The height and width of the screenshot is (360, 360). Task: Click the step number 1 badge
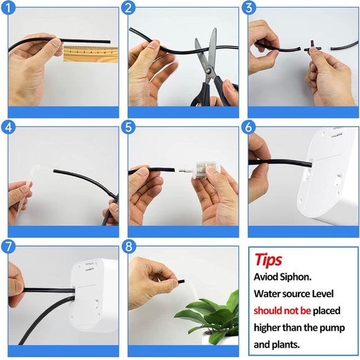8,8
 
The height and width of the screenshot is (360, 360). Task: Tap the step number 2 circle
128,8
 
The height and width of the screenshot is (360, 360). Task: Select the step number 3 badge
249,8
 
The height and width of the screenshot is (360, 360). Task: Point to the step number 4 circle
8,127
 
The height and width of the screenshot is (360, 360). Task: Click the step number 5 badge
128,127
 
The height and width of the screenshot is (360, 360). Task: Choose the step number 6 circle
249,127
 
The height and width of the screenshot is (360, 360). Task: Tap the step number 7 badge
8,247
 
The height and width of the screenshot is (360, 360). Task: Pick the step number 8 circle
128,247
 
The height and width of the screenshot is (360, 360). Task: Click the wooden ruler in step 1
91,54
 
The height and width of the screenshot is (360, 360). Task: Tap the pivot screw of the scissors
209,71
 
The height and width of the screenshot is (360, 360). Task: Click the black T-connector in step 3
312,48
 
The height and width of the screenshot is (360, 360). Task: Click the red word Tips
268,259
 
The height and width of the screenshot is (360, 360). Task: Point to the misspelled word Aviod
266,277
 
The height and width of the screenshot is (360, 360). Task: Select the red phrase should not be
282,310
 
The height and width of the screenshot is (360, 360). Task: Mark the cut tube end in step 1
109,42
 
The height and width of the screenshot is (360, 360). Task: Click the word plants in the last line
286,344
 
